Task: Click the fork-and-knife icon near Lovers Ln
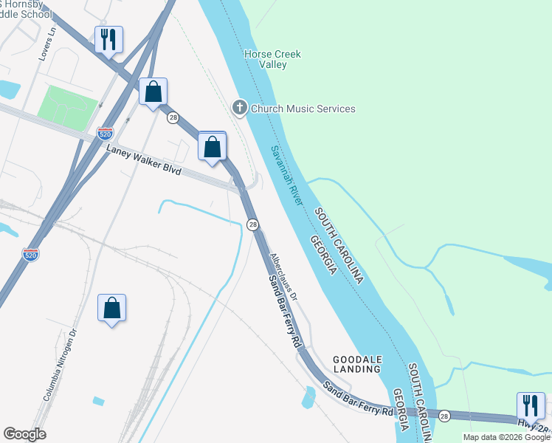(x=108, y=40)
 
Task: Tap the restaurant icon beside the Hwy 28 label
(x=531, y=406)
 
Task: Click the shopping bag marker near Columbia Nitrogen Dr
(x=111, y=308)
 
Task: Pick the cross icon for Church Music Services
(x=239, y=109)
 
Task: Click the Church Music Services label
(x=303, y=109)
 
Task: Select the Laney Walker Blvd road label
(x=144, y=159)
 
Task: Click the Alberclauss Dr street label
(x=283, y=277)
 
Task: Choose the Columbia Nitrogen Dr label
(x=61, y=364)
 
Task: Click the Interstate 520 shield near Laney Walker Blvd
(x=105, y=134)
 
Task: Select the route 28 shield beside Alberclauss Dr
(x=253, y=224)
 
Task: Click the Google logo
(x=24, y=434)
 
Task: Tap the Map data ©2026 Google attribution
(x=506, y=437)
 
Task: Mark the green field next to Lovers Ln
(x=67, y=106)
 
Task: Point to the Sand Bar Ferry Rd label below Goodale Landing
(x=358, y=399)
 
